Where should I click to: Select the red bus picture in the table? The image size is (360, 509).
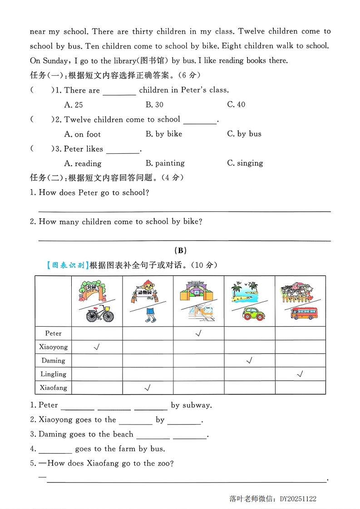click(304, 313)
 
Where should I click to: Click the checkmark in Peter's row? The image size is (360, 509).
click(198, 333)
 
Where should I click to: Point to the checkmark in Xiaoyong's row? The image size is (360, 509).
click(96, 347)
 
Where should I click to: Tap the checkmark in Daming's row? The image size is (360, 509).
click(249, 361)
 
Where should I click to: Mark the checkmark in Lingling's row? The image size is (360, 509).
click(300, 374)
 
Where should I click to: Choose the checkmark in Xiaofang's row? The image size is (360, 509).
click(147, 388)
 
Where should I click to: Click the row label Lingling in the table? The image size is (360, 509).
click(53, 374)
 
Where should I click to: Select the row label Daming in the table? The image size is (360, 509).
click(53, 361)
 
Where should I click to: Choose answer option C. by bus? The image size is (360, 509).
click(244, 134)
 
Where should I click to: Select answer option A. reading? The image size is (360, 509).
click(83, 163)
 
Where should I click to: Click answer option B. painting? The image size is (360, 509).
click(165, 163)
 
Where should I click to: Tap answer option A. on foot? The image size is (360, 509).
click(83, 134)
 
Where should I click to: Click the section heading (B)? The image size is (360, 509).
click(180, 250)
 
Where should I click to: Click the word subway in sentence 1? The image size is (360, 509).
click(197, 406)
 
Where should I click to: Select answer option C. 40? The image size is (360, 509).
click(236, 105)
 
